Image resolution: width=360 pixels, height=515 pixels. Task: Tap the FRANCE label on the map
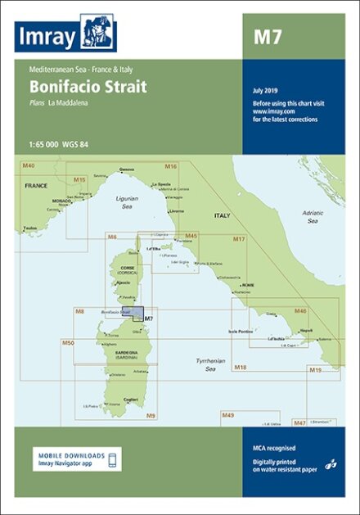point(36,185)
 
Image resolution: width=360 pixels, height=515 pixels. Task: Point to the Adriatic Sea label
point(312,216)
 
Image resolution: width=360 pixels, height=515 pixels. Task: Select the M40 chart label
point(29,166)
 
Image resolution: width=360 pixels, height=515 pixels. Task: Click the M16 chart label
point(171,166)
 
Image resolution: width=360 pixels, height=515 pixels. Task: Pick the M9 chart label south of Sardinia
point(151,416)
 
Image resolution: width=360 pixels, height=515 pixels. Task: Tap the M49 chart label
point(228,416)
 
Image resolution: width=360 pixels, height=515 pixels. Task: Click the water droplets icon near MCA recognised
point(331,463)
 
